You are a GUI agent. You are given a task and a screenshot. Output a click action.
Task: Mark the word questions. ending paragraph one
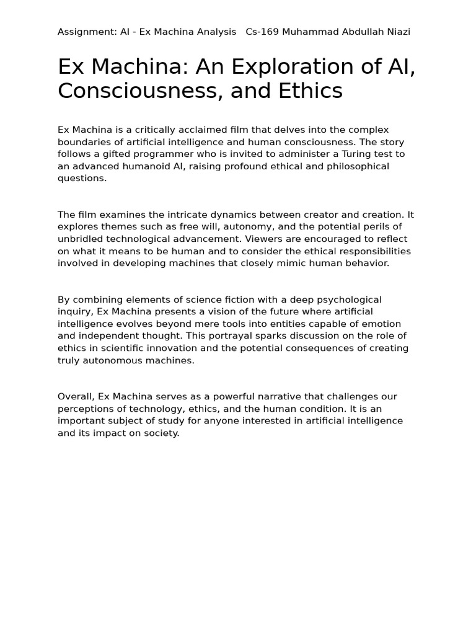[x=82, y=178]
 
